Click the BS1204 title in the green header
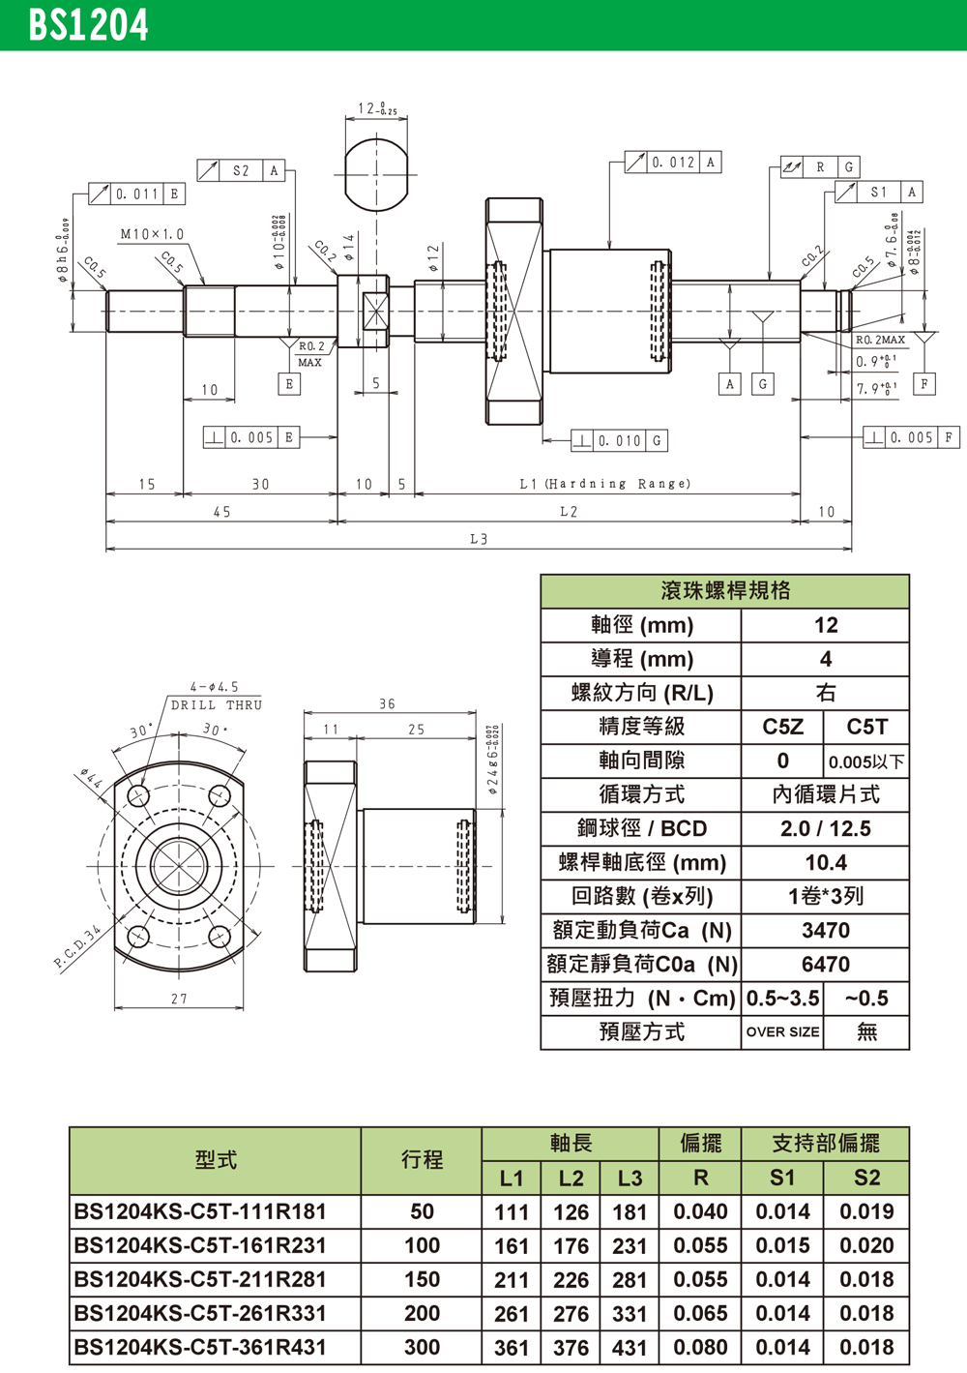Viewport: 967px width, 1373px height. coord(88,25)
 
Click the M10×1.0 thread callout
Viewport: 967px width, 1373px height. coord(152,234)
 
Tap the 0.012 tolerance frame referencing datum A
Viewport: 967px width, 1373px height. coord(673,163)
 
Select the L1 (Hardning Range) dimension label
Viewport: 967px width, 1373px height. coord(605,484)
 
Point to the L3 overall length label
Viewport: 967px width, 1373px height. coord(479,539)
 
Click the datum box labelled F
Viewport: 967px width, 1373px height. coord(924,384)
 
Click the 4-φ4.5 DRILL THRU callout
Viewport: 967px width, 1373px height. coord(216,696)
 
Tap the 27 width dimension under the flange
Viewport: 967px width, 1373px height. coord(179,999)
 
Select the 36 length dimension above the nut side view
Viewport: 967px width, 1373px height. coord(387,703)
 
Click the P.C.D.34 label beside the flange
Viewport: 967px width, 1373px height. coord(77,948)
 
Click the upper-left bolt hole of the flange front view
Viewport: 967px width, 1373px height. coord(138,796)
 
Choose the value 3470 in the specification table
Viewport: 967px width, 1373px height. coord(825,931)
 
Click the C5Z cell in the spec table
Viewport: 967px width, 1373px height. coord(782,728)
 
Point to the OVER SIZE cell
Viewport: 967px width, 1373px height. coord(782,1032)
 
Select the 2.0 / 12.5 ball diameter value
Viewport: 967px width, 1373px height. coord(825,829)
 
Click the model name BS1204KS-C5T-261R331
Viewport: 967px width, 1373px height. coord(200,1313)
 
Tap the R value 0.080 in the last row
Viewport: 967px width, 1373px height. coord(700,1347)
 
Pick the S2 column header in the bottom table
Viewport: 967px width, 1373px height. coord(866,1178)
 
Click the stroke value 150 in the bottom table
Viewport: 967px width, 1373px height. coord(422,1279)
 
